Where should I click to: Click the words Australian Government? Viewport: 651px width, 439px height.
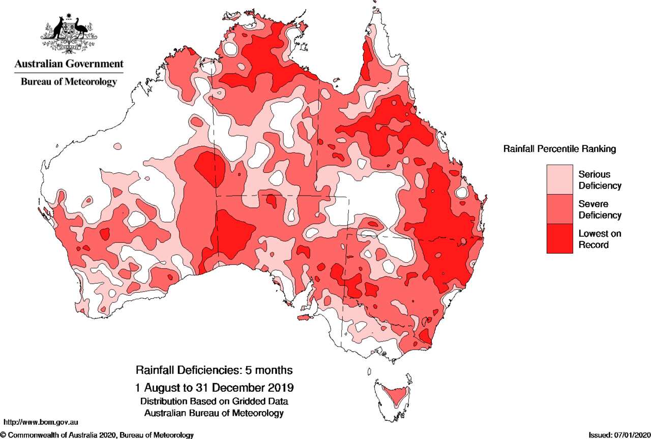coord(69,64)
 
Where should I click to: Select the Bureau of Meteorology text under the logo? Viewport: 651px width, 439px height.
coord(69,81)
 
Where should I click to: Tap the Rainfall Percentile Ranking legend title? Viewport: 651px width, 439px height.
coord(559,149)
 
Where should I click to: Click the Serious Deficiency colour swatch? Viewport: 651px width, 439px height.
coord(559,179)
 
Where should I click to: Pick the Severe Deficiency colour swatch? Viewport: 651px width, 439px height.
coord(559,209)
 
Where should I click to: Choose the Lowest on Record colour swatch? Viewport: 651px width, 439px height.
coord(559,238)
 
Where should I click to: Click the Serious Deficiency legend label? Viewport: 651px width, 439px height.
coord(600,180)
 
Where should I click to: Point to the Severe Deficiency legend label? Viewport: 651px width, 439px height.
coord(600,209)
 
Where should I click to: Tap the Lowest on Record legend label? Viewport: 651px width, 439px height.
coord(600,239)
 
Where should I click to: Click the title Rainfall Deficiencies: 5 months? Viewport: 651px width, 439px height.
coord(214,369)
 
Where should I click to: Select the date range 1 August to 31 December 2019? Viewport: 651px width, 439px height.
coord(214,388)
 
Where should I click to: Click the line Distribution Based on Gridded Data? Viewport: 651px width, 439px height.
coord(214,401)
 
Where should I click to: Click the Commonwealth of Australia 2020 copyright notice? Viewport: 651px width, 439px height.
coord(97,435)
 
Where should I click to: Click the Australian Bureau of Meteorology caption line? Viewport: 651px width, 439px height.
coord(214,413)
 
